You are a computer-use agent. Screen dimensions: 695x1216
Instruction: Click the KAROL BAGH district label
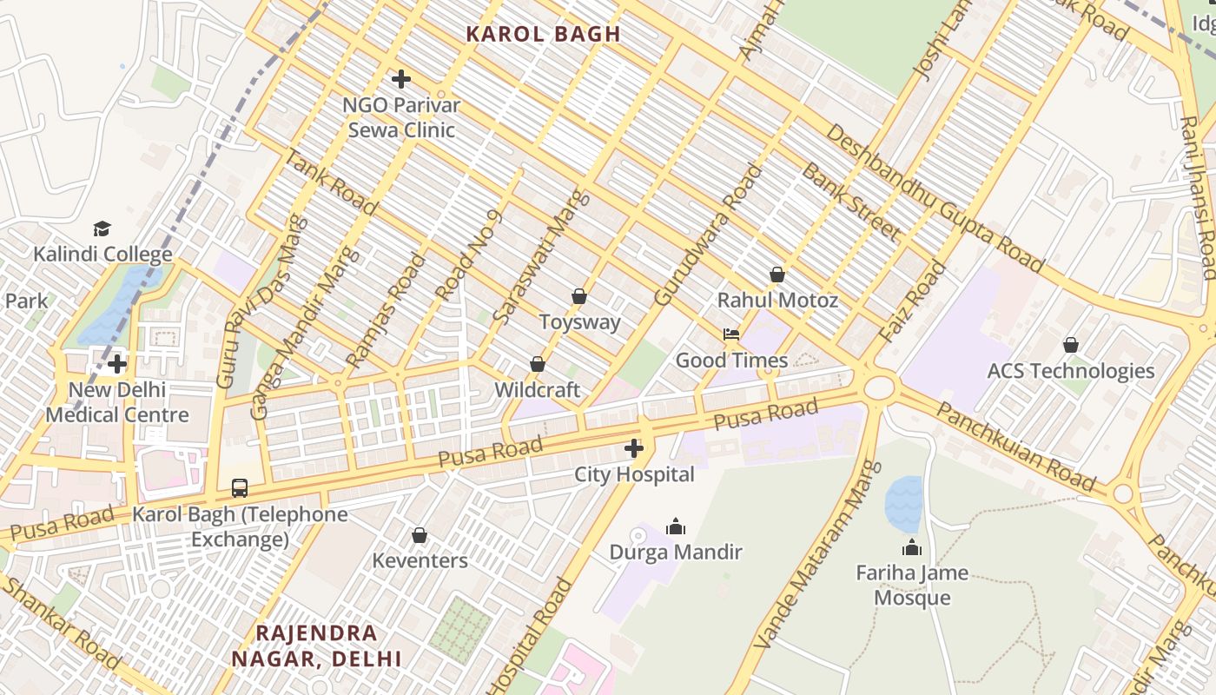pyautogui.click(x=543, y=35)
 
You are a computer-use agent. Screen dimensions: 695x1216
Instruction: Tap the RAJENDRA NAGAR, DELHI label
pyautogui.click(x=316, y=645)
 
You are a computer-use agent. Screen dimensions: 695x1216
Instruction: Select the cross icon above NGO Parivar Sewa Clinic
pyautogui.click(x=400, y=79)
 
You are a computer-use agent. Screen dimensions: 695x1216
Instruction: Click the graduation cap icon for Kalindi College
pyautogui.click(x=102, y=228)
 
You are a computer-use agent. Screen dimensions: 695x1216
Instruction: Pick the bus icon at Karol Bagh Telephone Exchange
pyautogui.click(x=240, y=488)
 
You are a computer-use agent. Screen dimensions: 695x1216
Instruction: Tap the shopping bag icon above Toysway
pyautogui.click(x=579, y=296)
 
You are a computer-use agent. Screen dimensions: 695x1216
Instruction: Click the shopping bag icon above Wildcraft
pyautogui.click(x=537, y=364)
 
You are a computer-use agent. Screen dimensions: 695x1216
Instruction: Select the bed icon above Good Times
pyautogui.click(x=731, y=334)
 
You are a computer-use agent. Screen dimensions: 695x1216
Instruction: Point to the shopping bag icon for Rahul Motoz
pyautogui.click(x=777, y=275)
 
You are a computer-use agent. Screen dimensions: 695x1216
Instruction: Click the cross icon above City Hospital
pyautogui.click(x=634, y=448)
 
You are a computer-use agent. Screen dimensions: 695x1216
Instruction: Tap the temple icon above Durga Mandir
pyautogui.click(x=675, y=526)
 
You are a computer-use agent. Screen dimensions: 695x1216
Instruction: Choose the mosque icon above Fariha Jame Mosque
pyautogui.click(x=912, y=547)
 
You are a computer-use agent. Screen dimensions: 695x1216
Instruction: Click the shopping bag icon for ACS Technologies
pyautogui.click(x=1071, y=345)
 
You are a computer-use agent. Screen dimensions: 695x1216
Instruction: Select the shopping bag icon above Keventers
pyautogui.click(x=420, y=535)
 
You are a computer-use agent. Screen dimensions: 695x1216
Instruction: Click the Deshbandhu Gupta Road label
pyautogui.click(x=934, y=198)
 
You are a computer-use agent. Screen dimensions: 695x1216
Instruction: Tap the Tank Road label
pyautogui.click(x=331, y=182)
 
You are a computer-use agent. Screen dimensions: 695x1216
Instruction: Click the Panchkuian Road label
pyautogui.click(x=1016, y=447)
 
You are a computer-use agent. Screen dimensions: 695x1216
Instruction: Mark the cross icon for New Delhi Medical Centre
pyautogui.click(x=117, y=364)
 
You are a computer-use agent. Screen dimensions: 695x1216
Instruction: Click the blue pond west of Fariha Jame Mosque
pyautogui.click(x=903, y=504)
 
